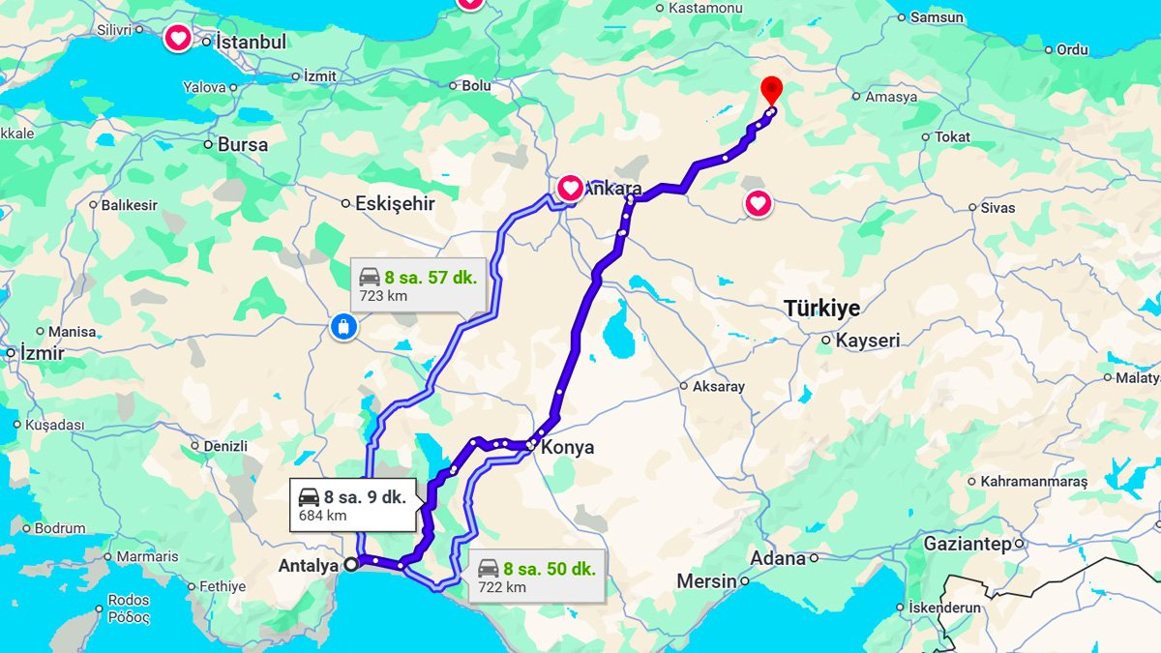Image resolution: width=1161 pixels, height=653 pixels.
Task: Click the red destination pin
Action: coord(771,90)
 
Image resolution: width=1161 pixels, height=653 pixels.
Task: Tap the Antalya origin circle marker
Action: coord(350,564)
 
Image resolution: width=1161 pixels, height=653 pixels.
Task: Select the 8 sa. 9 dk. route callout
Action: coord(353,505)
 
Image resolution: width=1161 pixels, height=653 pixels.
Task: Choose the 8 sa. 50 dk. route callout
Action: coord(537,577)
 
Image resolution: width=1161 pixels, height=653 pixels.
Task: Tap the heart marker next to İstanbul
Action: coord(178,40)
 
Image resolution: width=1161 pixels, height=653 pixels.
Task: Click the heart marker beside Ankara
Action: coord(570,187)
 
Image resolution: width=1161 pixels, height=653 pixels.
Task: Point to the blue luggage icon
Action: coord(342,326)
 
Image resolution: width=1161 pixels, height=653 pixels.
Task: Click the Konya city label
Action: coord(567,448)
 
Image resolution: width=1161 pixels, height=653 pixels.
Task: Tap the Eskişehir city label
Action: coord(395,204)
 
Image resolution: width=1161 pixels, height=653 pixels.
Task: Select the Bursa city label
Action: coord(242,145)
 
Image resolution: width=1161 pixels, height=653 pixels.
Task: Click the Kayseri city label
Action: coord(867,341)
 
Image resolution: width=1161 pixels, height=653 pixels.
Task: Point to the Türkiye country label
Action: coord(821,308)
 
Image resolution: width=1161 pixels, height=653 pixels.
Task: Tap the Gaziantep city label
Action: coord(967,544)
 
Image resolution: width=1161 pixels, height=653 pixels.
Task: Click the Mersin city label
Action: coord(706,582)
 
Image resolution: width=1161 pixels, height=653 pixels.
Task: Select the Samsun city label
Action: coord(937,17)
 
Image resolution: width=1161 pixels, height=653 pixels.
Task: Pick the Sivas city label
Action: coord(997,208)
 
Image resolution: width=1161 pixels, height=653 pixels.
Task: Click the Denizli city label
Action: coord(225,447)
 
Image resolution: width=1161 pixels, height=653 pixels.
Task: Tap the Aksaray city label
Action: coord(718,387)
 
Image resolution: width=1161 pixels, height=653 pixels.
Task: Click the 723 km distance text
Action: coord(383,296)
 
